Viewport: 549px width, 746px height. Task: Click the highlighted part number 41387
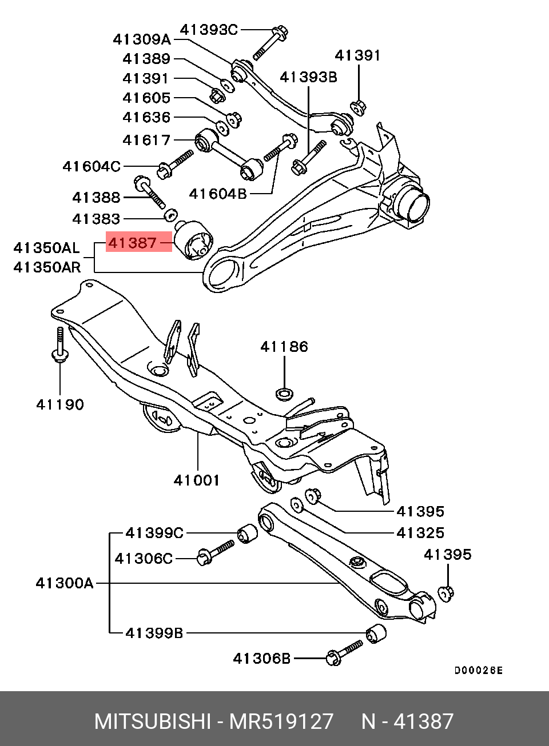coord(133,243)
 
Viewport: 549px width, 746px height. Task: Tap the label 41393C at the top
coord(209,29)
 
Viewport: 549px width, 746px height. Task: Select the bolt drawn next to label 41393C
coord(269,42)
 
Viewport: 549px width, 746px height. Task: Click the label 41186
coord(284,347)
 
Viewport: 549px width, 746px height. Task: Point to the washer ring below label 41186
coord(284,393)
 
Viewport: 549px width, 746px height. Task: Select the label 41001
coord(197,480)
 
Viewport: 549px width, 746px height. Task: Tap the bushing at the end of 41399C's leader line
coord(247,533)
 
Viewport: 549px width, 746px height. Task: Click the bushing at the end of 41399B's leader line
coord(376,633)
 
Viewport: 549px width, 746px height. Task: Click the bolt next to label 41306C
coord(216,552)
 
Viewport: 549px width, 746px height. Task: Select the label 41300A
coord(64,583)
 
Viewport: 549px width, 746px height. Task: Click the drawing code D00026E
coord(478,671)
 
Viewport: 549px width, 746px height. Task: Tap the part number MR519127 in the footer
coord(281,721)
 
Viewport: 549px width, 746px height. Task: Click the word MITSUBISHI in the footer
coord(153,721)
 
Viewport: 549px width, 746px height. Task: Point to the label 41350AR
coord(47,267)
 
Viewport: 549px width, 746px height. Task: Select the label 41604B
coord(218,194)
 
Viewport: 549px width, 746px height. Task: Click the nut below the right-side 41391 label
coord(358,107)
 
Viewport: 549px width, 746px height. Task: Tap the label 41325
coord(420,533)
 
